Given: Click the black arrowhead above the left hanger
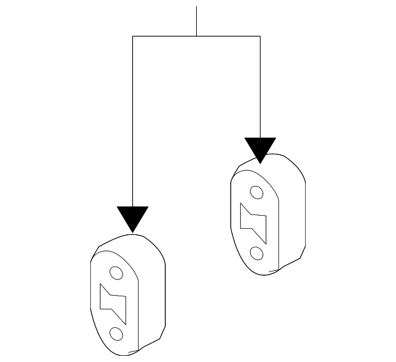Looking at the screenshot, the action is (x=132, y=218).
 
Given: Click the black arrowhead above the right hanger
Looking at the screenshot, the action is (x=260, y=149).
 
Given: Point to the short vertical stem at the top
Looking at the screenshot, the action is (x=196, y=22).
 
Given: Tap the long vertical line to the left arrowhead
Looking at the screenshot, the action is (x=132, y=124).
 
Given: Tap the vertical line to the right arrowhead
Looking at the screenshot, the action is (x=260, y=87).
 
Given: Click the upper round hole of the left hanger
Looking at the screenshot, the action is (x=116, y=272).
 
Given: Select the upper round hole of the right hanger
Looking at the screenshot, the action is (x=255, y=192).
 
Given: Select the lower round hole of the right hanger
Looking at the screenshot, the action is (x=256, y=253).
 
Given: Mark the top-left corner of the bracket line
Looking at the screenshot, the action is (x=132, y=36).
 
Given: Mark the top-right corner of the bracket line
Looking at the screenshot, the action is (x=260, y=36).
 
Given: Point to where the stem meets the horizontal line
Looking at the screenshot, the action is (x=196, y=36).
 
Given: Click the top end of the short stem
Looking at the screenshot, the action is (x=196, y=7).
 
